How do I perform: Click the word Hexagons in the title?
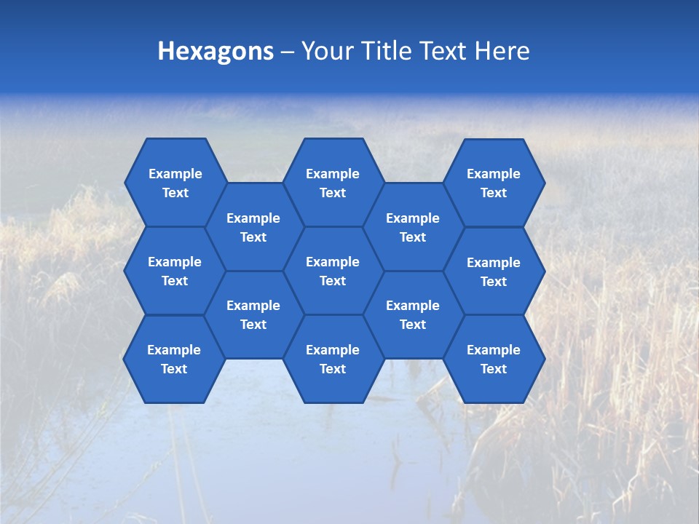click(216, 51)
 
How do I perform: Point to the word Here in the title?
click(502, 51)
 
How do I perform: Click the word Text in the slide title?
click(443, 51)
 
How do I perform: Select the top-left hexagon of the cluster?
click(175, 183)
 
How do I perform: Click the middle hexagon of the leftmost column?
click(175, 271)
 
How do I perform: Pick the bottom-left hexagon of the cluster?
click(174, 359)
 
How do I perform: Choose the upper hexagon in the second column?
click(253, 227)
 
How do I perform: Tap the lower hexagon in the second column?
click(253, 314)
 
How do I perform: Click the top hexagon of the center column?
click(333, 183)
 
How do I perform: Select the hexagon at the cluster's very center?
click(333, 271)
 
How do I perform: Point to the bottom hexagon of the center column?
click(333, 359)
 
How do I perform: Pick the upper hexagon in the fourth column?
click(413, 227)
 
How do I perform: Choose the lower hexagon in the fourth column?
click(413, 314)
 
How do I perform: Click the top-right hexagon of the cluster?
click(494, 183)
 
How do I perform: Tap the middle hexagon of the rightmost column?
click(494, 271)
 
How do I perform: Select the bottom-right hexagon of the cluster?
click(494, 359)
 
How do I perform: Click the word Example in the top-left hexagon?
click(175, 174)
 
